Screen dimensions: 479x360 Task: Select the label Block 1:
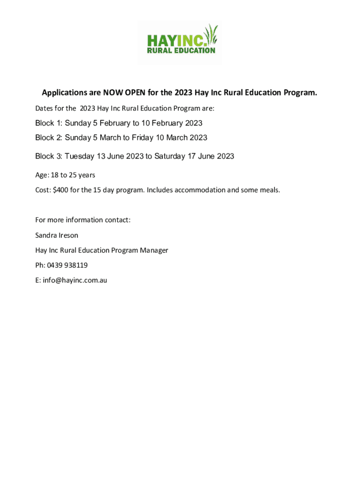(x=49, y=123)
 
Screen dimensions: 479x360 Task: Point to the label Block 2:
(x=49, y=138)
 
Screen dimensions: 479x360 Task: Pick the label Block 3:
(x=49, y=156)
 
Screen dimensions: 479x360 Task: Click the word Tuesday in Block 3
(x=79, y=156)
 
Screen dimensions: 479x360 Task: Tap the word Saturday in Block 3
(x=169, y=156)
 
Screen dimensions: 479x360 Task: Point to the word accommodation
(x=200, y=190)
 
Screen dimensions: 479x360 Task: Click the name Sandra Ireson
(x=57, y=235)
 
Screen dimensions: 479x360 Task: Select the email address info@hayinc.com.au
(x=75, y=281)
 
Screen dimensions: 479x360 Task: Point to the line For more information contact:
(x=83, y=220)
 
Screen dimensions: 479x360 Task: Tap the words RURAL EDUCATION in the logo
(x=181, y=51)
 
